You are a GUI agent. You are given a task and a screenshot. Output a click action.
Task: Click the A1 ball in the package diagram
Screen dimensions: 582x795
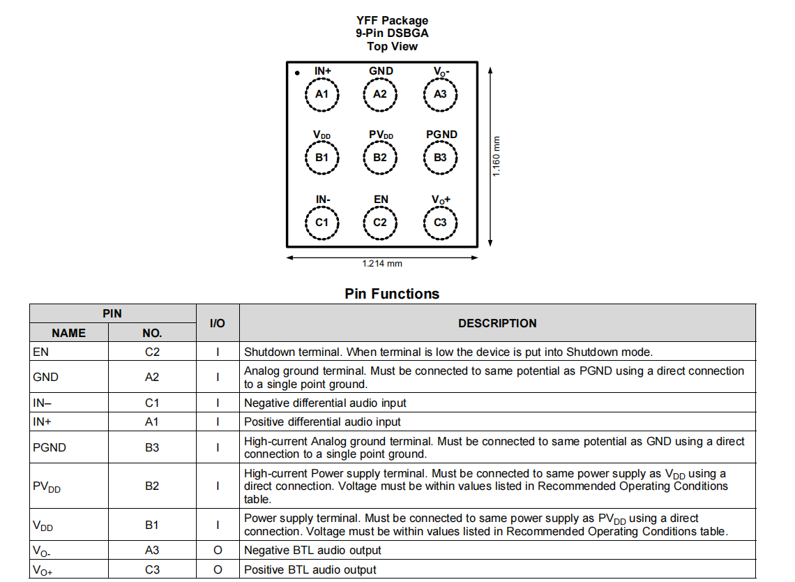[321, 94]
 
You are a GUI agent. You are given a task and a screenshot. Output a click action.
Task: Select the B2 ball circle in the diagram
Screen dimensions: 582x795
[380, 158]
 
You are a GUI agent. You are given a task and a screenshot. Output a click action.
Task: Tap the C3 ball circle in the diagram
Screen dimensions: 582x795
[440, 223]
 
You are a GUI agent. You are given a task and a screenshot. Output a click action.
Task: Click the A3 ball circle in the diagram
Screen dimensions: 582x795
[440, 94]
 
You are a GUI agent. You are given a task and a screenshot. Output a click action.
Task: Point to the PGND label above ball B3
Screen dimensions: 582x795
[441, 135]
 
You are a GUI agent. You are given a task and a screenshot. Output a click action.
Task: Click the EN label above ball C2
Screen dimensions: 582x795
[381, 200]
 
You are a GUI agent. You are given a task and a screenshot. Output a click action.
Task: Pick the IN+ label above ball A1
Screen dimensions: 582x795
[323, 70]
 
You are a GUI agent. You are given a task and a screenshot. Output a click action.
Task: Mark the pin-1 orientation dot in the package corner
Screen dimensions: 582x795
[297, 73]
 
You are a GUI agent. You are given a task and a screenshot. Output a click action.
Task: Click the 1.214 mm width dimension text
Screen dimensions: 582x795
[382, 264]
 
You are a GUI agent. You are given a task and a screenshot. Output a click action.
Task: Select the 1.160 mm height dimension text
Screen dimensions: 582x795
[497, 156]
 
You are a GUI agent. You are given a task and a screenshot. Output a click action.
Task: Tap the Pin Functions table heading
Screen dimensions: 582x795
[392, 294]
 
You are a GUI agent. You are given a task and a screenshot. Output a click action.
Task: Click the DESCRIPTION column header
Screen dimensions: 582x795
[497, 323]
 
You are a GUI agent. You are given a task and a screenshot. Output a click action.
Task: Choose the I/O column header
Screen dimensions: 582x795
[218, 323]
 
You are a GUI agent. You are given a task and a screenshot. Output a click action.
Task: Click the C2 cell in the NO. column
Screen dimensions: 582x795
[152, 352]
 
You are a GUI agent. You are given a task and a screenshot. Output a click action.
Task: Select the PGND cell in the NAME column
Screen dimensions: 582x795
[50, 447]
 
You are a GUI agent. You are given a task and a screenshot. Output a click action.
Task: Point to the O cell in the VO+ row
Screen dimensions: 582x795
[218, 569]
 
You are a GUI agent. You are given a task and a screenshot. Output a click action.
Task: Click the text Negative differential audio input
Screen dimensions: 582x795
[325, 403]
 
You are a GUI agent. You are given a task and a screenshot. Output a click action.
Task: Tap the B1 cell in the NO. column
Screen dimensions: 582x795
[152, 525]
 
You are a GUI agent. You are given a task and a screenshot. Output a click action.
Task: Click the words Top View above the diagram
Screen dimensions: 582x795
[392, 47]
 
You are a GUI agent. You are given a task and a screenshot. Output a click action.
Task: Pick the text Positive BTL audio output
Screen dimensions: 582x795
[310, 569]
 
